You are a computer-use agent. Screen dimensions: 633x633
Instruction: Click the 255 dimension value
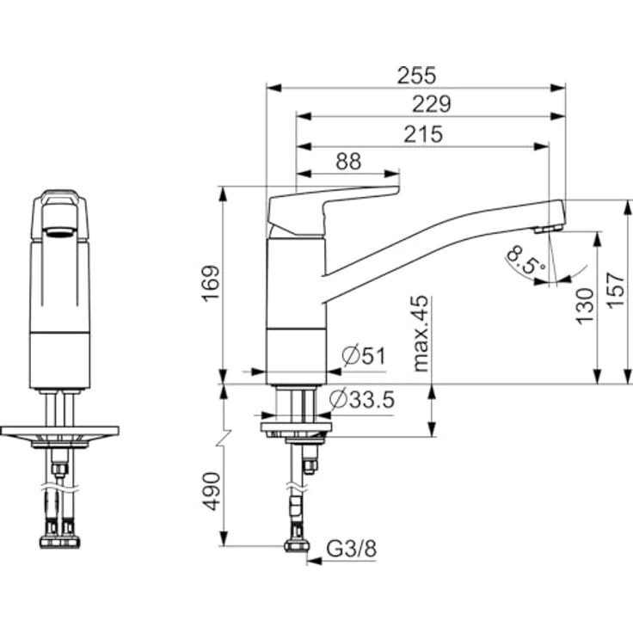tap(416, 75)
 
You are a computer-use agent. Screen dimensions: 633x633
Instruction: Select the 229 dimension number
tap(432, 104)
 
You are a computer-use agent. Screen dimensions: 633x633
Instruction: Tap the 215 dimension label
tap(423, 134)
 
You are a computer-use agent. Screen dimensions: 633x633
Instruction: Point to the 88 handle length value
tap(347, 161)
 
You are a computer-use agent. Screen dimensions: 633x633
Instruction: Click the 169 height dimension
tap(212, 285)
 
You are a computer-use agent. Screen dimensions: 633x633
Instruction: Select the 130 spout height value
tap(585, 305)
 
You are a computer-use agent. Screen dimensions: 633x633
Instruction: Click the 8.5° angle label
tap(525, 261)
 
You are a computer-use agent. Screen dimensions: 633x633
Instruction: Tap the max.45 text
tap(421, 333)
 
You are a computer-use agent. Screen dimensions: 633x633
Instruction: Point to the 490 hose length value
tap(212, 491)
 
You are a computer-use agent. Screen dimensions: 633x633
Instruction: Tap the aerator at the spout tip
tap(545, 229)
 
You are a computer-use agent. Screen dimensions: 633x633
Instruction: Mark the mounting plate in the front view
tap(59, 430)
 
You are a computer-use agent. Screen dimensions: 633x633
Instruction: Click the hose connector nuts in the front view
tap(59, 541)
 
